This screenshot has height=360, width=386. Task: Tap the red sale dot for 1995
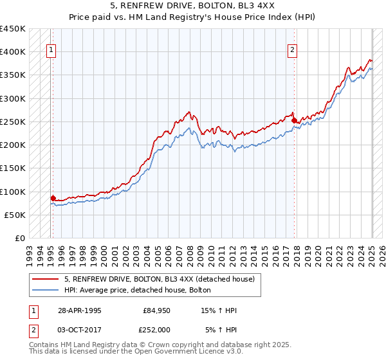(x=53, y=199)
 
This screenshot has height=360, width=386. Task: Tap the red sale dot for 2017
(x=294, y=120)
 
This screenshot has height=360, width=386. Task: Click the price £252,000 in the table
(x=158, y=329)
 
